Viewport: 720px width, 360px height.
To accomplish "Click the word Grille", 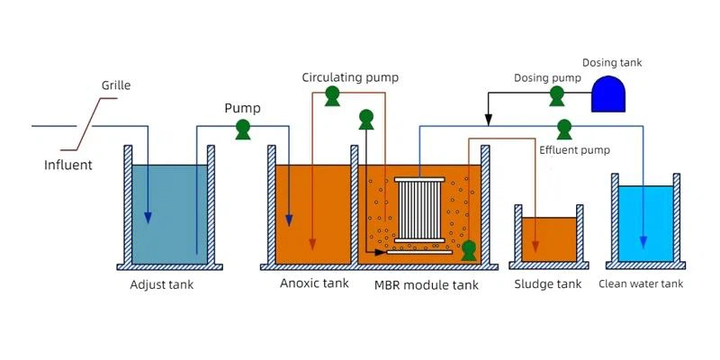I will [116, 85].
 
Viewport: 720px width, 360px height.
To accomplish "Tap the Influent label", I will [68, 165].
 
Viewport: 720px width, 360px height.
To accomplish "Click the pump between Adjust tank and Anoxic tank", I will [242, 129].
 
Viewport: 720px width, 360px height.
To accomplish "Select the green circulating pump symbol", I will [332, 95].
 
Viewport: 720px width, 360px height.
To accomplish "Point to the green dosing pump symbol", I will [557, 95].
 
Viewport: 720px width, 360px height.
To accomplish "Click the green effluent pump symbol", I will [563, 128].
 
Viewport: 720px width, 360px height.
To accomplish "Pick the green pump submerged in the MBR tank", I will [468, 250].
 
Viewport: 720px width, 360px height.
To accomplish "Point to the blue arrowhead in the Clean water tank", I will [643, 243].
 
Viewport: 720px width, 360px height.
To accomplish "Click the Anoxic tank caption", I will [313, 284].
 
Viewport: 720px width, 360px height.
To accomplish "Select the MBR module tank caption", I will [426, 285].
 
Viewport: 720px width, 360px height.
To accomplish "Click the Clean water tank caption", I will [641, 284].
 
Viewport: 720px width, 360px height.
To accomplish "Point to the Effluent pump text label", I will [574, 149].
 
